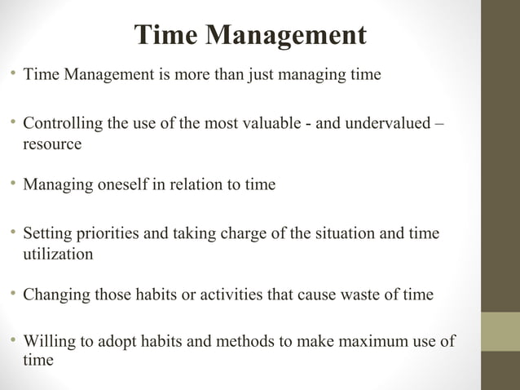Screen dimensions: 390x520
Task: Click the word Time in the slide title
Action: [x=165, y=34]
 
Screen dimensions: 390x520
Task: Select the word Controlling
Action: [x=62, y=125]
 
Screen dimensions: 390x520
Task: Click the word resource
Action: [x=52, y=144]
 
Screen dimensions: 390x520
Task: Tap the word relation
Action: [x=184, y=184]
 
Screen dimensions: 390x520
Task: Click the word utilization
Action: [x=58, y=254]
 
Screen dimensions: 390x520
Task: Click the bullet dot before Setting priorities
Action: [x=13, y=233]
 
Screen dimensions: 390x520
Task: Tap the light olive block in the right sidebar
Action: [x=500, y=331]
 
